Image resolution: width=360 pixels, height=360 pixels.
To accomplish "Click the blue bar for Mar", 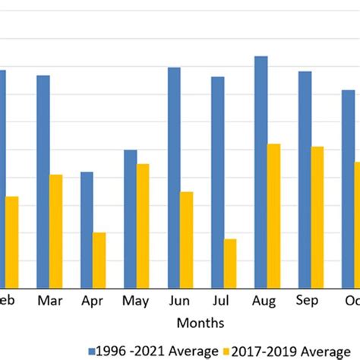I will [x=43, y=182].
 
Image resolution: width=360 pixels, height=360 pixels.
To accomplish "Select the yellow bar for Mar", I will [x=56, y=231].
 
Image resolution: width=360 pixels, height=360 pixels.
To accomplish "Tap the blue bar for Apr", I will [x=87, y=229].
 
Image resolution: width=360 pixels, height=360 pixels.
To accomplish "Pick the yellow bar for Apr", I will [x=99, y=260].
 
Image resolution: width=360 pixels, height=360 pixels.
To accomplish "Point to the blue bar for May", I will [x=131, y=219].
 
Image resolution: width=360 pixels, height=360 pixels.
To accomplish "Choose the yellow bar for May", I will [x=143, y=226].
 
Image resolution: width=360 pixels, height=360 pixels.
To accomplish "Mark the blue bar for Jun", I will [x=174, y=178].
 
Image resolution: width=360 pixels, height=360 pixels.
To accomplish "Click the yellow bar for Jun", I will [x=187, y=239].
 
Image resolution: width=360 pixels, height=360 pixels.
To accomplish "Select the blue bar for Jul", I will [x=218, y=182].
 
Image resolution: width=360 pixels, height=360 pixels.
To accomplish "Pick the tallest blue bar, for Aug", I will [x=261, y=172].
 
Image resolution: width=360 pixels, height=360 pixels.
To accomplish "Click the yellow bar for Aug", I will [x=274, y=216].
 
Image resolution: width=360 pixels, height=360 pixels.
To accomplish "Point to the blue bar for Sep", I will [x=305, y=179].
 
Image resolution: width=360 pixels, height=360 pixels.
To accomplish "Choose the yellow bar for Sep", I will [x=317, y=217].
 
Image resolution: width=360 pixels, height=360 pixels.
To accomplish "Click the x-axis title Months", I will [x=201, y=323].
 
